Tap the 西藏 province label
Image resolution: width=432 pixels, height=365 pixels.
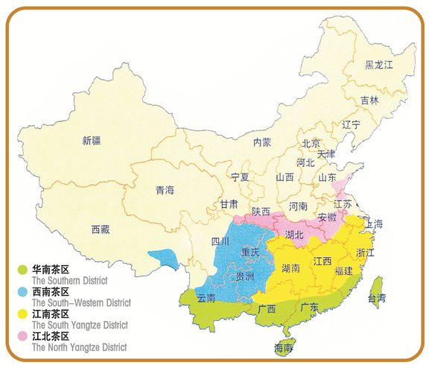coord(101,229)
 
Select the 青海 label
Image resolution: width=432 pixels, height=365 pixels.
coord(165,190)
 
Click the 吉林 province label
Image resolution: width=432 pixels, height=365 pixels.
coord(369,100)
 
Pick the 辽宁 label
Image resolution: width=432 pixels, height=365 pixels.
coord(351,124)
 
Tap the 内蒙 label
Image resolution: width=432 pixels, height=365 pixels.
coord(262,142)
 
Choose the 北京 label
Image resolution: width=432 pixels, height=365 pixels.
coord(311,143)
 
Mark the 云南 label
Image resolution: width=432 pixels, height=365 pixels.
coord(206,298)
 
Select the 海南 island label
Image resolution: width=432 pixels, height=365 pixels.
coord(284,348)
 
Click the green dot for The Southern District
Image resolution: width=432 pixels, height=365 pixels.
coord(23,269)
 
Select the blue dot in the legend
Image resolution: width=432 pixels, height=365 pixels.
coord(23,291)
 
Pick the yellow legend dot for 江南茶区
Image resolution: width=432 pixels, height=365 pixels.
coord(23,314)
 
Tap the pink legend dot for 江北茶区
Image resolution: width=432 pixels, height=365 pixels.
coord(23,337)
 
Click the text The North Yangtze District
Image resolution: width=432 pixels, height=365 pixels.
coord(79,347)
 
